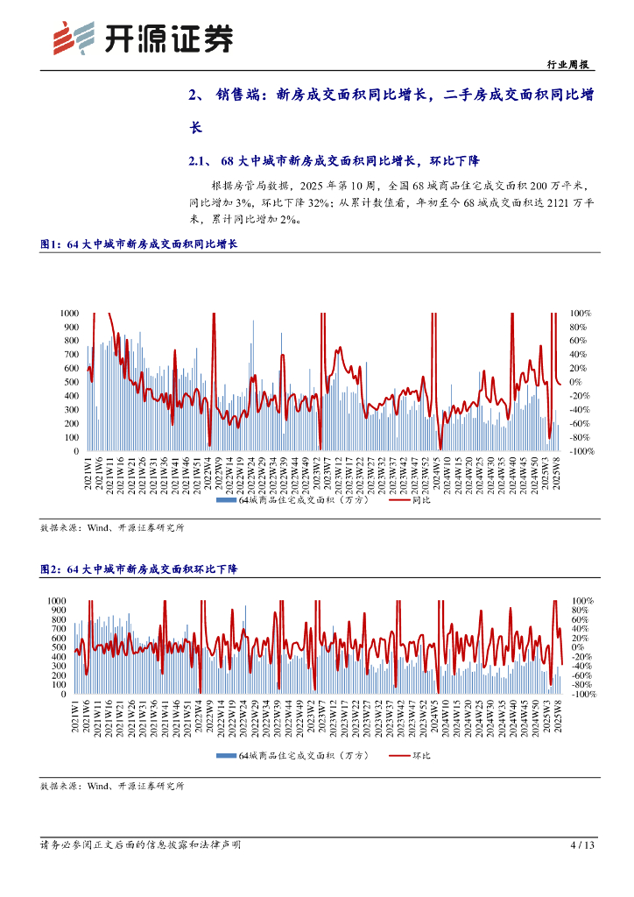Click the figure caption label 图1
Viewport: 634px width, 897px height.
click(x=50, y=245)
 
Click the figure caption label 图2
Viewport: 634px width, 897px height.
click(x=50, y=569)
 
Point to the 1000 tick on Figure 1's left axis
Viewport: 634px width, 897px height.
click(x=69, y=313)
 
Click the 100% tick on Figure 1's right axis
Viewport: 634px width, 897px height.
click(x=581, y=313)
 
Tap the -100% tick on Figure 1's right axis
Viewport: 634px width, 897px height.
click(x=582, y=451)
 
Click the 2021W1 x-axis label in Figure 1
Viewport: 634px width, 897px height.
click(x=89, y=475)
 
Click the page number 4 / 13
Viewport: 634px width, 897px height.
click(x=582, y=845)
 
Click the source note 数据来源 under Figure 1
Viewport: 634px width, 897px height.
click(x=112, y=529)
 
